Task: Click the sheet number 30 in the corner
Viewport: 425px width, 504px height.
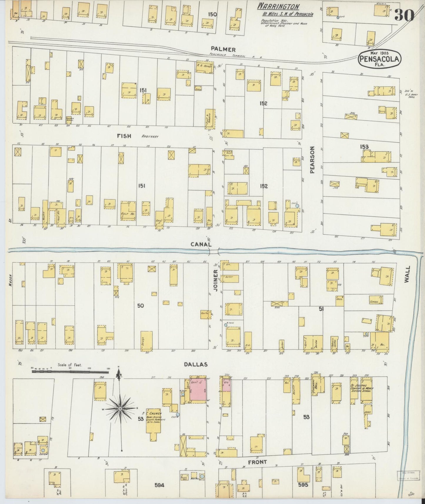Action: (404, 15)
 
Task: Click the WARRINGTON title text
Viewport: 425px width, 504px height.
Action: (279, 7)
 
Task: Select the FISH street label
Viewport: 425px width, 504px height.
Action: (124, 136)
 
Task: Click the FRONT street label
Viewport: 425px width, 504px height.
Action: (257, 462)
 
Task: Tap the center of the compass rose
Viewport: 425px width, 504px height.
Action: (120, 409)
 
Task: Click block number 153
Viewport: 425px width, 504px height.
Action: (364, 146)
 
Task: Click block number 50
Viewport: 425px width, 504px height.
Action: (140, 306)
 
